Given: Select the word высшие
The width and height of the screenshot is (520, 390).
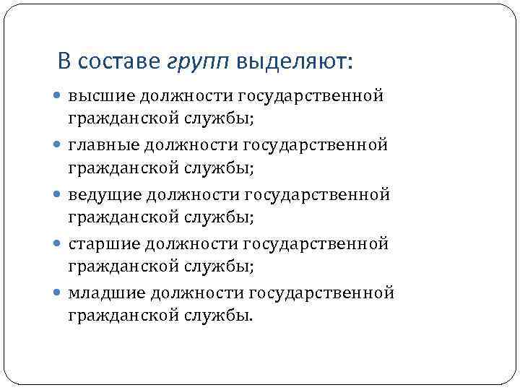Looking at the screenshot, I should pos(100,96).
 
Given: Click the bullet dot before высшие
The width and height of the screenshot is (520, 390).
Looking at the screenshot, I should pos(58,96).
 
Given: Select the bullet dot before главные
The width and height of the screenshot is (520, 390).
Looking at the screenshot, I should pos(58,145).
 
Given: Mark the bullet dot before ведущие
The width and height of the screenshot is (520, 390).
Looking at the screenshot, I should pos(58,194).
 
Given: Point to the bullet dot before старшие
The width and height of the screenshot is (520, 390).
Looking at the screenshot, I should pos(58,243).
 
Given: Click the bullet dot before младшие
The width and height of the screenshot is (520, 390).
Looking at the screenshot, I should pos(58,292).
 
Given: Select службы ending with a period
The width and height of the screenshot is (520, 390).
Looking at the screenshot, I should pos(223,316).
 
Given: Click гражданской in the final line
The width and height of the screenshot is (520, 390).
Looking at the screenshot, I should pos(125,316).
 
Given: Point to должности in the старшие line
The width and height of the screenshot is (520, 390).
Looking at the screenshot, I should pos(191,243).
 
